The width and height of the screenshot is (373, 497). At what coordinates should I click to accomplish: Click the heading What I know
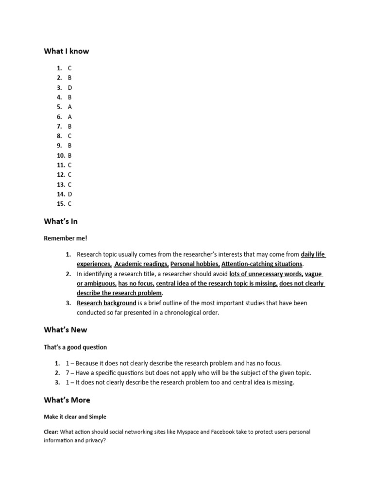(x=67, y=51)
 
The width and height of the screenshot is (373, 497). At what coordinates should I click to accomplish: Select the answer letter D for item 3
(x=70, y=88)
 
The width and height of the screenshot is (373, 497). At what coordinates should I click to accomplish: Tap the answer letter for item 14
(x=70, y=194)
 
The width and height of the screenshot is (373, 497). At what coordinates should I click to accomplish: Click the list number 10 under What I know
(x=61, y=155)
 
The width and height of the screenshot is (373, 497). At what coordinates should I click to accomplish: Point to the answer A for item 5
(x=70, y=107)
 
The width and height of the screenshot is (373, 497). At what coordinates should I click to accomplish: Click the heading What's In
(x=61, y=221)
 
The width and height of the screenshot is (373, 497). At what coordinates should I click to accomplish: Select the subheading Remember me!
(x=66, y=238)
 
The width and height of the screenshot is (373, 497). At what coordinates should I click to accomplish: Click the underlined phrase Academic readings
(x=141, y=264)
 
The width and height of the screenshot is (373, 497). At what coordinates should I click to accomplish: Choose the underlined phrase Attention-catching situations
(x=262, y=264)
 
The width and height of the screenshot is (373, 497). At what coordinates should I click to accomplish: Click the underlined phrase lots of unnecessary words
(x=266, y=274)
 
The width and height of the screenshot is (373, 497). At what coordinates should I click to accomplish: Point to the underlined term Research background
(x=106, y=303)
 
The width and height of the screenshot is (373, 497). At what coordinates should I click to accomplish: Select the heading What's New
(x=66, y=330)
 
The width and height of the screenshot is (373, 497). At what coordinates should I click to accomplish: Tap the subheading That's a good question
(x=75, y=347)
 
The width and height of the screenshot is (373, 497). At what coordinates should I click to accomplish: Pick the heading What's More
(x=67, y=400)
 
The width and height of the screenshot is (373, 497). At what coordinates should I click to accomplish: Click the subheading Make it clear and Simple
(x=75, y=417)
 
